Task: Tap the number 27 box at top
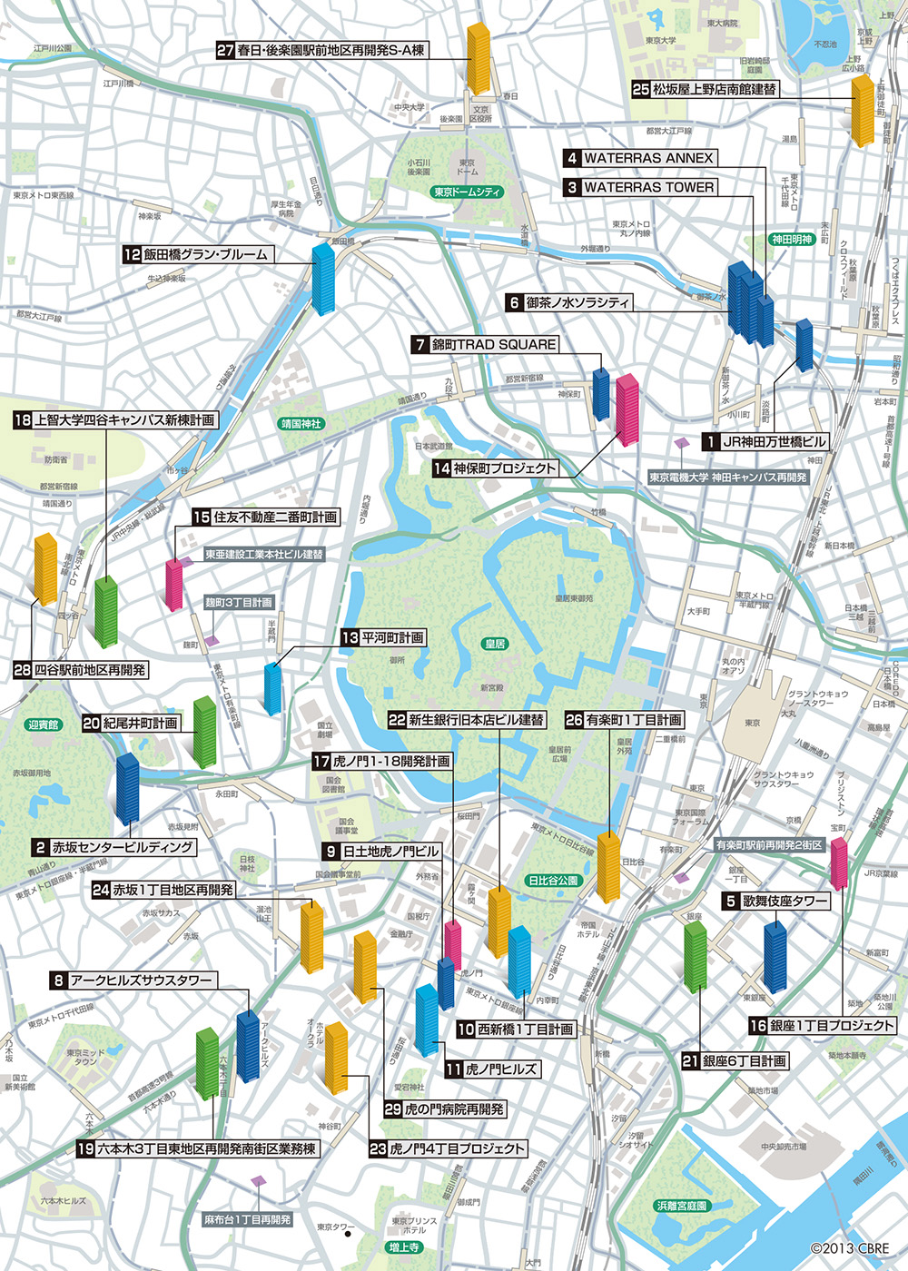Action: [225, 51]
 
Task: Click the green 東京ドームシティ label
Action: [468, 192]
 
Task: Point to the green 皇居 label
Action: [494, 644]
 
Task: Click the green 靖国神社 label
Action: [301, 424]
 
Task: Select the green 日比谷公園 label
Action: [553, 881]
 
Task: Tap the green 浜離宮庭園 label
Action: [681, 1206]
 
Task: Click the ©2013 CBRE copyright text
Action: [850, 1248]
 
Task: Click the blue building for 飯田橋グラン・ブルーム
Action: [323, 278]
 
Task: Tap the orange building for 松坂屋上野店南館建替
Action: [863, 111]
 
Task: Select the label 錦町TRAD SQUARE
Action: [494, 344]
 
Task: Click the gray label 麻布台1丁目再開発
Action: [248, 1219]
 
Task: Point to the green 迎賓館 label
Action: [43, 724]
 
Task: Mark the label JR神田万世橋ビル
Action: [774, 442]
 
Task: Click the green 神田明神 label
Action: [792, 240]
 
